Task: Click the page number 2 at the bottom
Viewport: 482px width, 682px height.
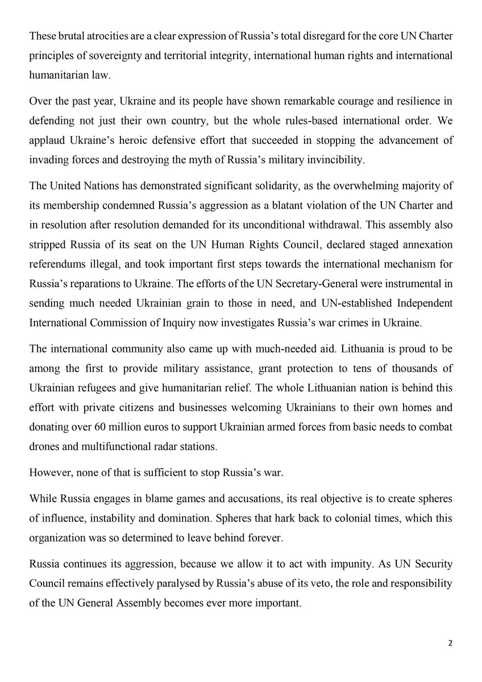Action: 450,643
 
